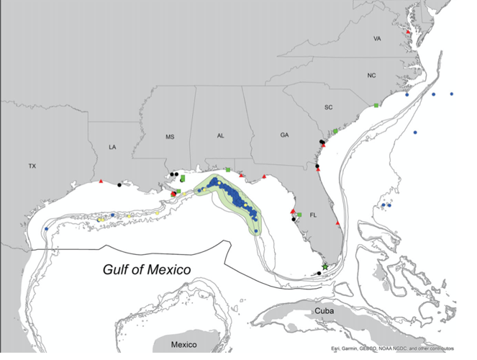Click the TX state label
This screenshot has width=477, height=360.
[x=32, y=166]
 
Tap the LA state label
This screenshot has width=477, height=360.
[x=112, y=147]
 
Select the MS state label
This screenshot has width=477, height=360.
[x=171, y=136]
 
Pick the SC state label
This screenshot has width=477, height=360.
[x=329, y=107]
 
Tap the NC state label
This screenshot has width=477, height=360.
[x=371, y=76]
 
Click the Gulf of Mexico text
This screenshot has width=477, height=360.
[x=146, y=270]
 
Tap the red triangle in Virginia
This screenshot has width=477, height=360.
[x=408, y=32]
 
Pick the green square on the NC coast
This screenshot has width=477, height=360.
[x=376, y=106]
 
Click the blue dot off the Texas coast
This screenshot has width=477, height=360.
[x=46, y=229]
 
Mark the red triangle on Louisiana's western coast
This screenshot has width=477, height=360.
[x=101, y=180]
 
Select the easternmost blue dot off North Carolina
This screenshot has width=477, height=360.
[x=452, y=94]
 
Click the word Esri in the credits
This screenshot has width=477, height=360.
[x=337, y=350]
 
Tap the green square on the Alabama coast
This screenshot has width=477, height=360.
[x=228, y=170]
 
